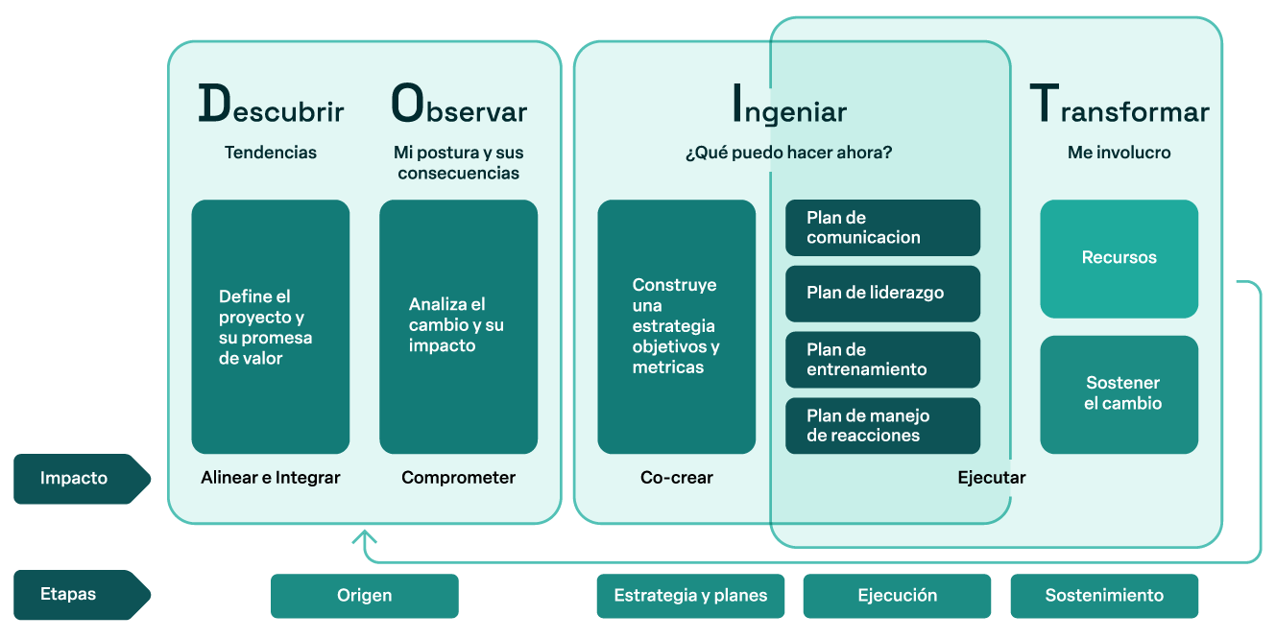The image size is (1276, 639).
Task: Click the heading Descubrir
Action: coord(271,106)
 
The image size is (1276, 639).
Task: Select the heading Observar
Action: coord(459,106)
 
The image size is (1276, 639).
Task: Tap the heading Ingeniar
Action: coord(788,106)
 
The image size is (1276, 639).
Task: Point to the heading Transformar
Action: coord(1119,106)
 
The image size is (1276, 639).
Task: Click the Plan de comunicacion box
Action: coord(882,227)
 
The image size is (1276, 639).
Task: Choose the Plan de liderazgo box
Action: coord(882,294)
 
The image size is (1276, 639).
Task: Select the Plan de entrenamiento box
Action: coord(882,360)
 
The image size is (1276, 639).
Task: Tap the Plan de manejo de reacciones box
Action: coord(882,426)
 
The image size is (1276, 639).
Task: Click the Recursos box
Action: coord(1119,258)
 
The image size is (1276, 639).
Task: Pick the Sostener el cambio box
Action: coord(1119,394)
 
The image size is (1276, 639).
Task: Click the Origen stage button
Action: coord(365,596)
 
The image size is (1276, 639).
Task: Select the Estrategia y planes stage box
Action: coord(690,596)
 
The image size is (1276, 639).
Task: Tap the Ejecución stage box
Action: coord(897,596)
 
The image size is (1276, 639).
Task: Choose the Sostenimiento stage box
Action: coord(1104,596)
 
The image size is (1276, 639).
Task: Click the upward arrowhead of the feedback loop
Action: coord(364,536)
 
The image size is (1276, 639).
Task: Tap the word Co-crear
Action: coord(677,478)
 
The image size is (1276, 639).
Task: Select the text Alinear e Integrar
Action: coord(271,478)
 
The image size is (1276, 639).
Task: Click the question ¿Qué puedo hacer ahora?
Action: coord(788,153)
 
